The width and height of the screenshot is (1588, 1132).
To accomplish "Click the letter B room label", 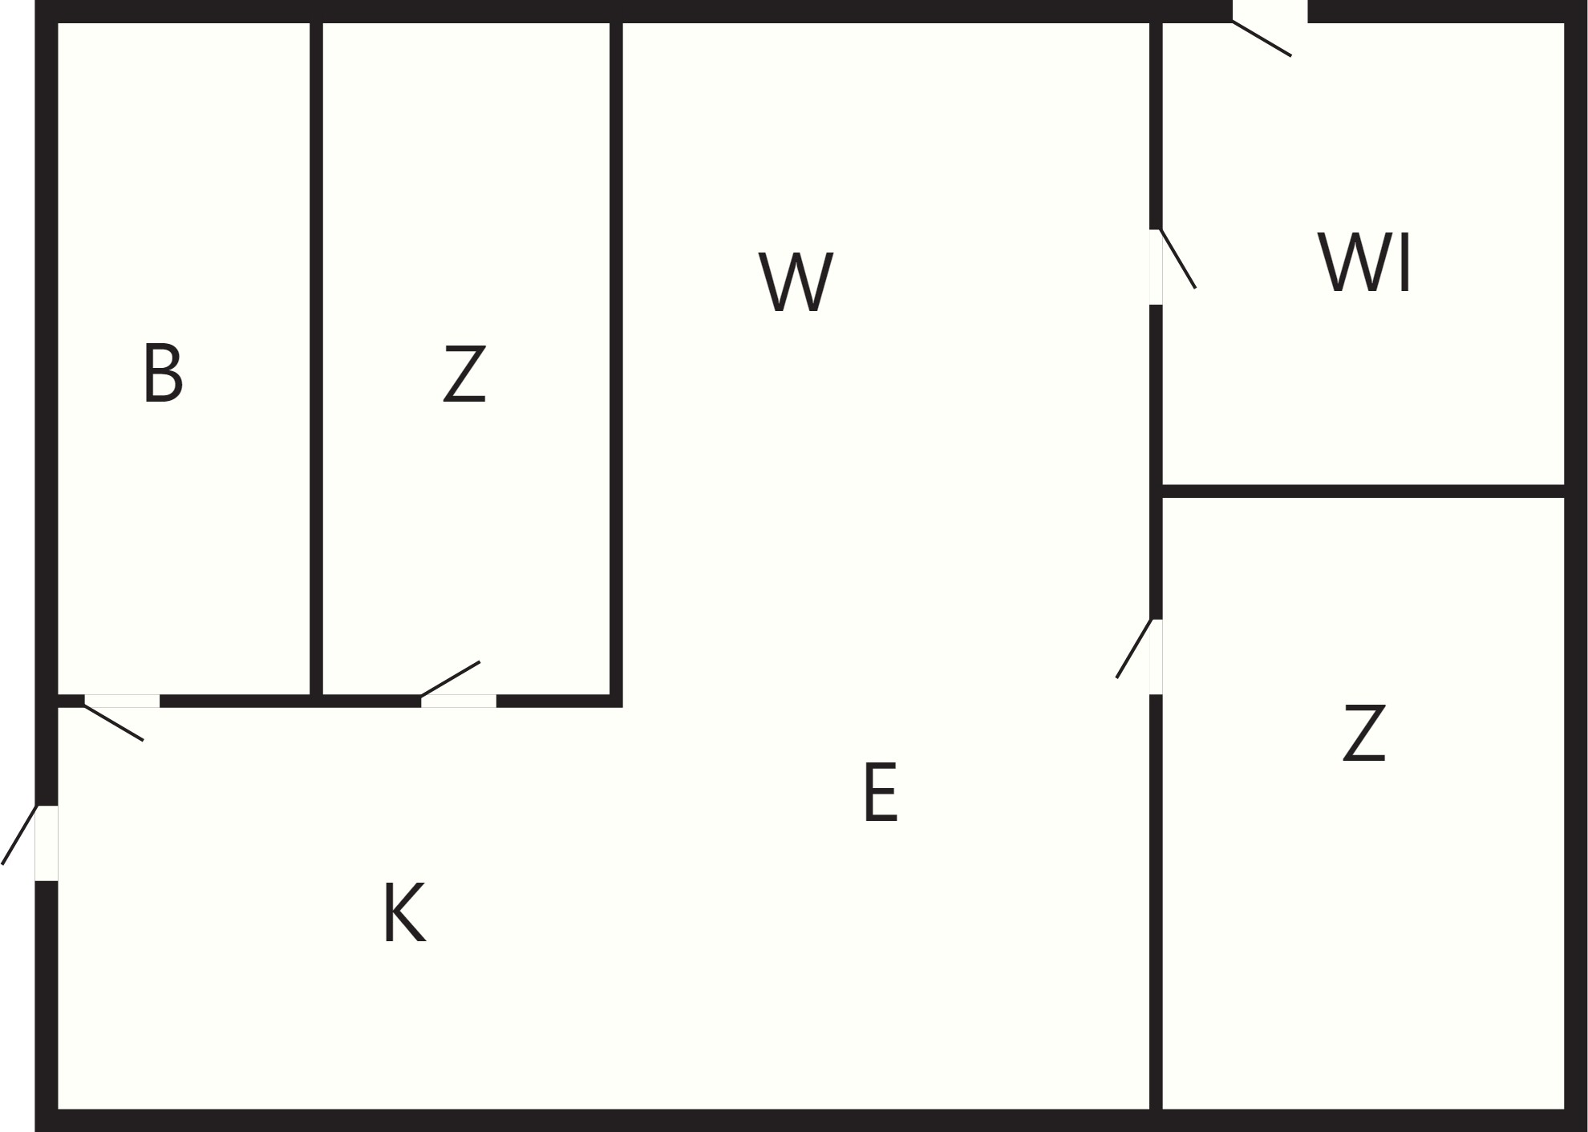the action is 163,373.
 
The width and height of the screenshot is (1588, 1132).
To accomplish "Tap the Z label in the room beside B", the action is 464,374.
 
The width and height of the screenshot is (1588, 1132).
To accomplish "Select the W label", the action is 796,281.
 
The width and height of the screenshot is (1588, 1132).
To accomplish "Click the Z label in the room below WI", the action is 1364,732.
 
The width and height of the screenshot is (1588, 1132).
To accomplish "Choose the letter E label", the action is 881,792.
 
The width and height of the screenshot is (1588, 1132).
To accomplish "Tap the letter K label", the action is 405,912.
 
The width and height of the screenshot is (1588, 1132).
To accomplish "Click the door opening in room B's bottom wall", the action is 122,701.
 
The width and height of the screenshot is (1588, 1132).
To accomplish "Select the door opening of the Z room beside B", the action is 459,701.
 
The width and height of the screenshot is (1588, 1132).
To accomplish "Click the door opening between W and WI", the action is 1156,267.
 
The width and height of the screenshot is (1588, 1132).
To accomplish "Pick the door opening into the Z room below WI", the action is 1156,657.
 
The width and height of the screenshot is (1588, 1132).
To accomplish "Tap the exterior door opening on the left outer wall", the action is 47,843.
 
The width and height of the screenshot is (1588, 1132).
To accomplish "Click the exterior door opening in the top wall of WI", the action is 1270,11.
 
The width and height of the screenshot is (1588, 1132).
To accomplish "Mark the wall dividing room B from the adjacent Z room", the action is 317,359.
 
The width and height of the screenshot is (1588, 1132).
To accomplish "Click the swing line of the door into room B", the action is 114,722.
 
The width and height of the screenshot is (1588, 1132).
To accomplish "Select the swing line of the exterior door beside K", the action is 19,835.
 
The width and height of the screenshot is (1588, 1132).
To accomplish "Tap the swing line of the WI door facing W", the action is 1178,259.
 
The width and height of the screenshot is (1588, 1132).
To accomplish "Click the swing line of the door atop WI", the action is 1262,38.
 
